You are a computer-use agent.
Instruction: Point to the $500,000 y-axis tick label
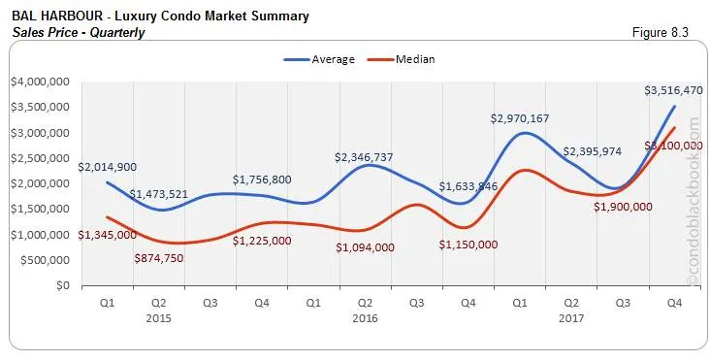tap(42, 260)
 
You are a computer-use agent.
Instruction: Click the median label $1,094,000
tap(365, 246)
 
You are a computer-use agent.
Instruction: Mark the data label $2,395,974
tap(597, 151)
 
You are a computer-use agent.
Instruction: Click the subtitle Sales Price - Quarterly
tap(79, 32)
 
